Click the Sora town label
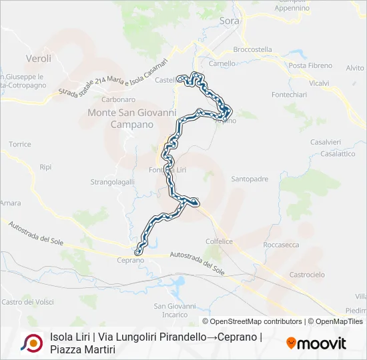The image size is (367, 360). (x=229, y=21)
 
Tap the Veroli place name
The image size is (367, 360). (x=37, y=58)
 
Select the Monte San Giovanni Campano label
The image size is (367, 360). (x=131, y=119)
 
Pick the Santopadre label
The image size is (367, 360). (x=250, y=179)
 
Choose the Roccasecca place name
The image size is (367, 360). (x=283, y=245)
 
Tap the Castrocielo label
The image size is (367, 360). (x=307, y=275)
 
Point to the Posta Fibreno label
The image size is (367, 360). (x=310, y=65)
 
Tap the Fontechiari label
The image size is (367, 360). (x=290, y=95)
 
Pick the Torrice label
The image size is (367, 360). (x=20, y=144)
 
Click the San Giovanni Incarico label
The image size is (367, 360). (x=175, y=310)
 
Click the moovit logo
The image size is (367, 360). (x=316, y=343)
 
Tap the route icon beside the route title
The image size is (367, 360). (x=31, y=343)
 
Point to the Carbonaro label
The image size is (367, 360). (x=118, y=99)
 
